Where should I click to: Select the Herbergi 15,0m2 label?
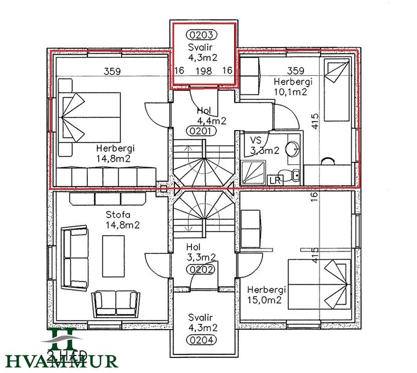(266, 294)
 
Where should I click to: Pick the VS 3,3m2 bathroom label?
(264, 145)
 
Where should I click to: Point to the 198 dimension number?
(204, 71)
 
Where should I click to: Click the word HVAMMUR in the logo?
(62, 361)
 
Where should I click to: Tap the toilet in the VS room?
(291, 176)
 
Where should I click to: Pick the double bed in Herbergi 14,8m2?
(90, 117)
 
